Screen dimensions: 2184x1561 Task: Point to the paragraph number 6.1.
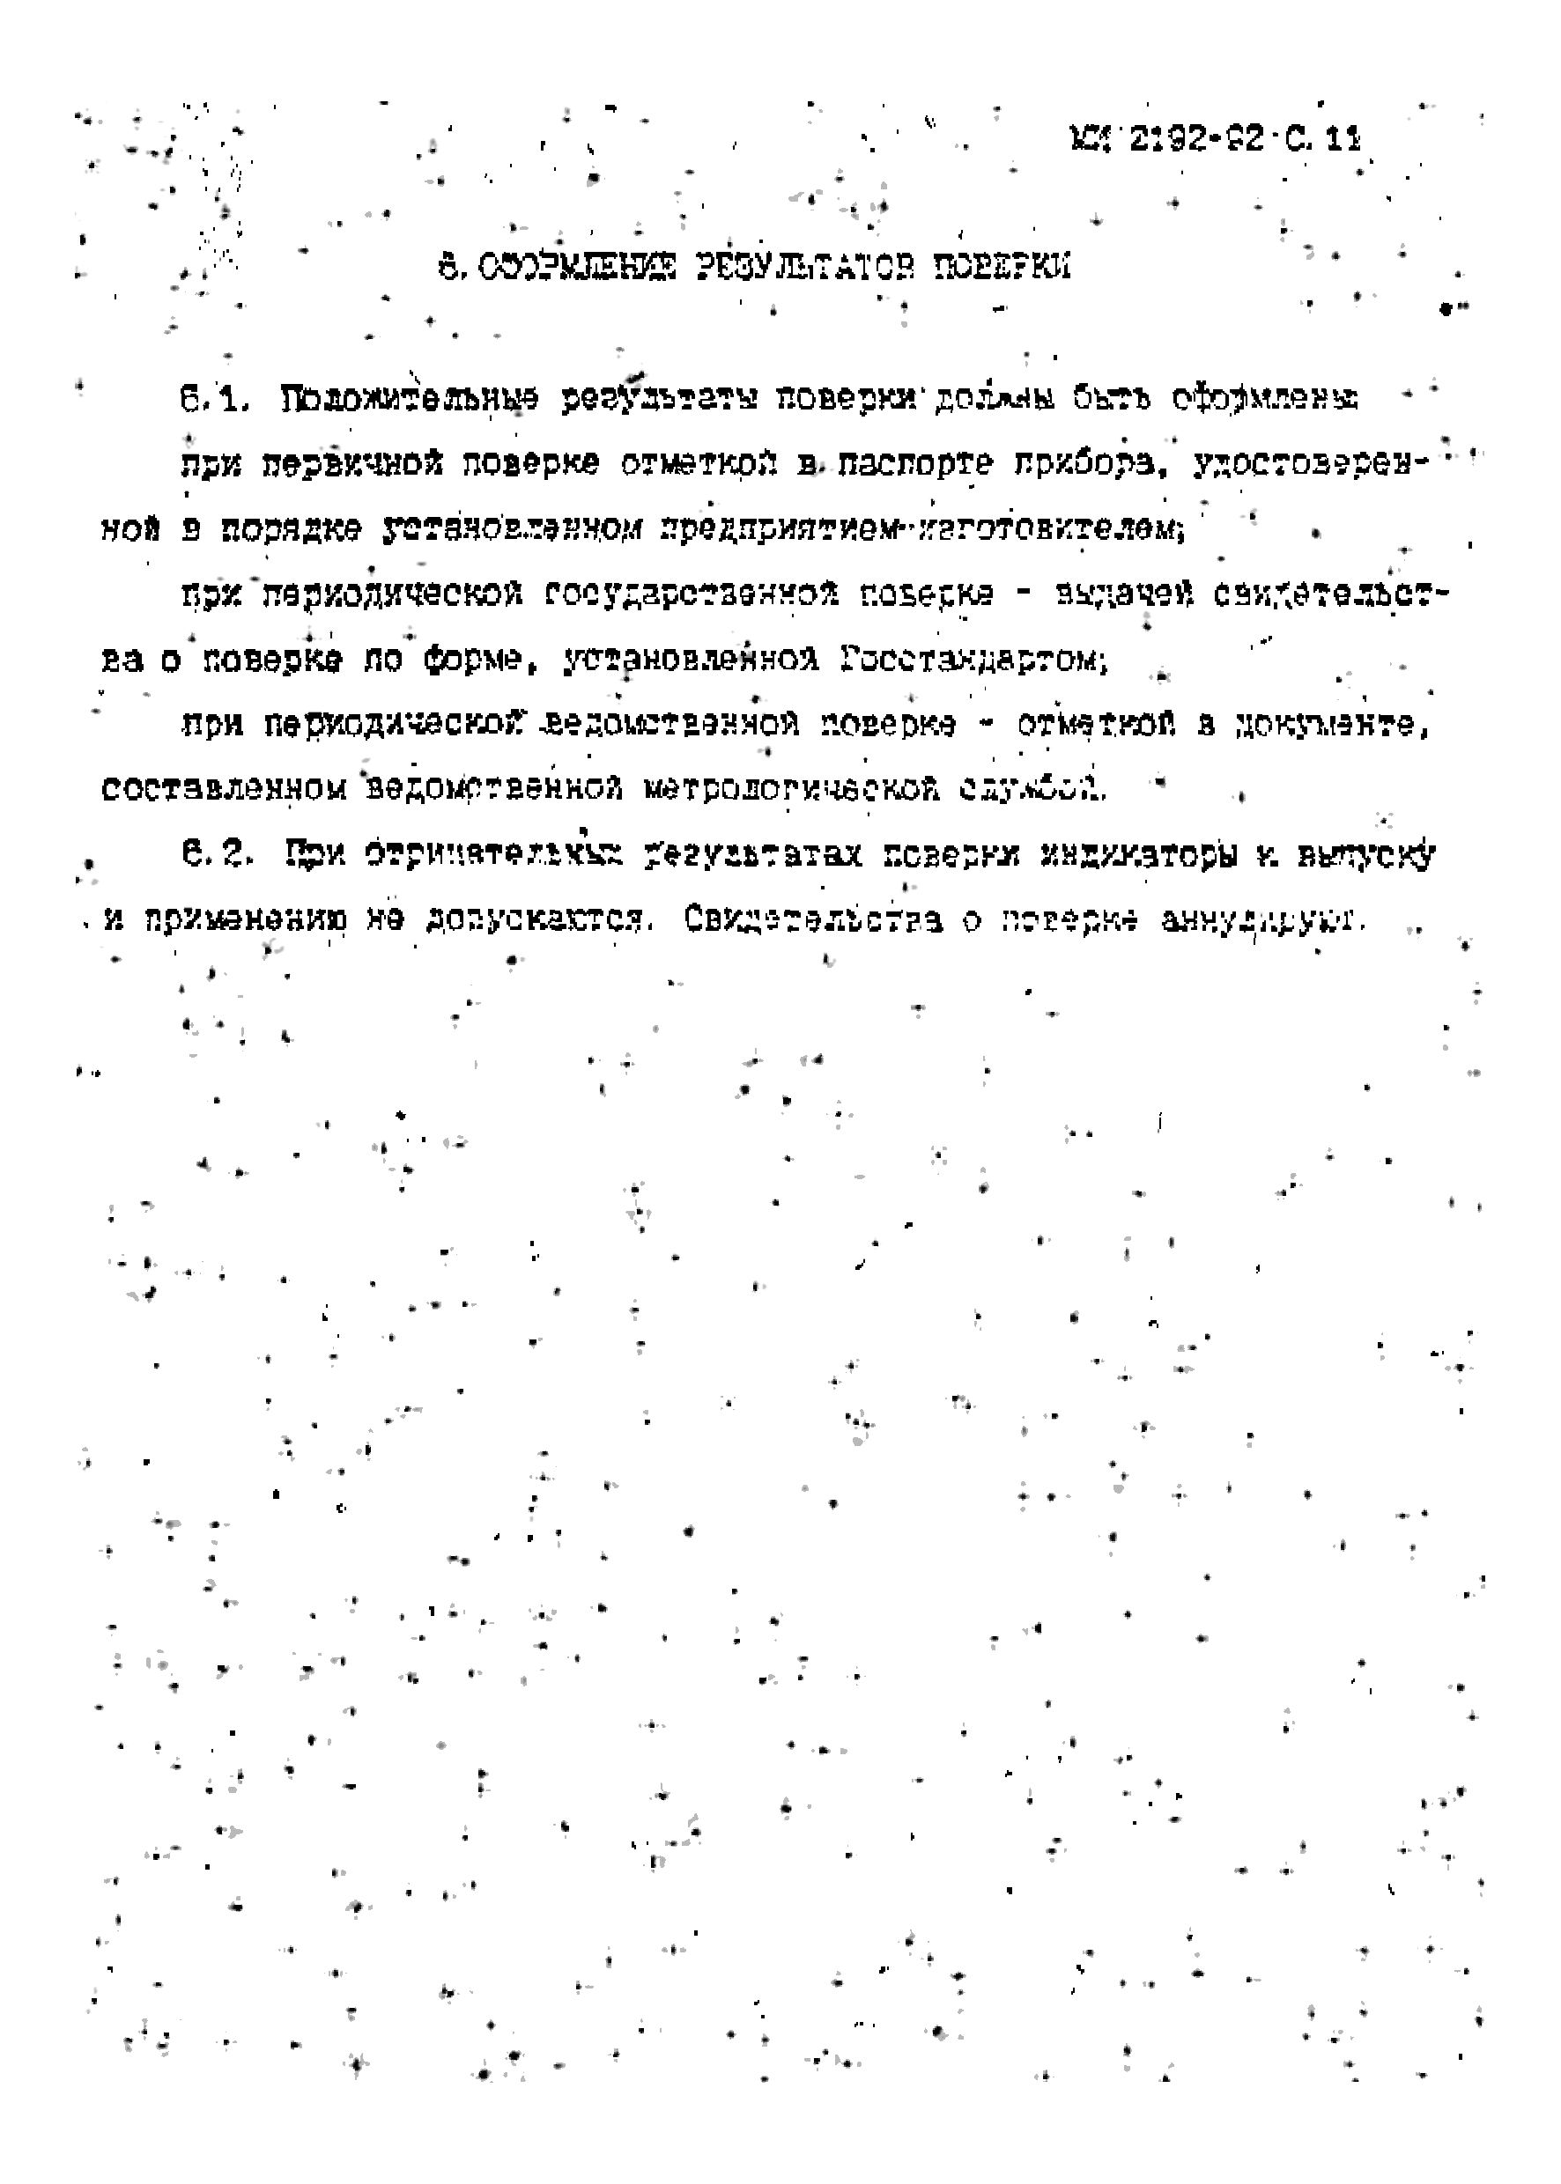tap(214, 399)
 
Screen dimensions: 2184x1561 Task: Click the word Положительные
tap(410, 399)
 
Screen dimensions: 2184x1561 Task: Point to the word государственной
tap(690, 594)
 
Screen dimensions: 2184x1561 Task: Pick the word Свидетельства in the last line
tap(813, 919)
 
